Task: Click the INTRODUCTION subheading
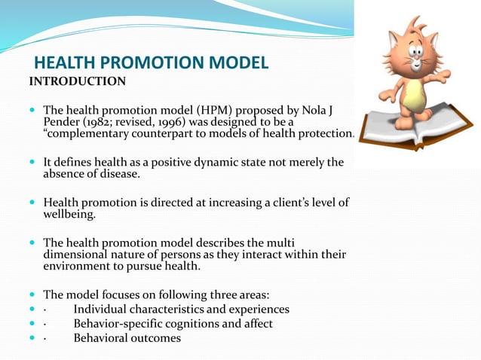click(x=78, y=81)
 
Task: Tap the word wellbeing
click(x=69, y=215)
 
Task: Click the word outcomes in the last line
click(x=155, y=338)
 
